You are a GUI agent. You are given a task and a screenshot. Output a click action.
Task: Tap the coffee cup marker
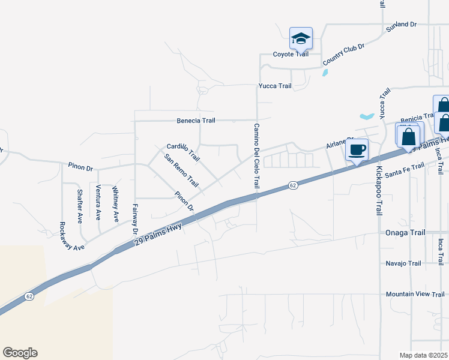[357, 150]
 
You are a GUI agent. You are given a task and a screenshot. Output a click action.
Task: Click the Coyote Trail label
[291, 54]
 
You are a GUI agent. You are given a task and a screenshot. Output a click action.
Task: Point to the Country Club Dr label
[343, 54]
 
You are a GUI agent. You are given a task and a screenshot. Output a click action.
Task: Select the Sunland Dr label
[402, 25]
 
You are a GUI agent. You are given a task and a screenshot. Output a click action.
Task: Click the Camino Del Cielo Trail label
[256, 156]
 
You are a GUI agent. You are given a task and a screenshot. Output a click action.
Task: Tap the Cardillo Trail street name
[182, 152]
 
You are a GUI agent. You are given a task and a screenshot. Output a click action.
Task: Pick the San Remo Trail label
[181, 171]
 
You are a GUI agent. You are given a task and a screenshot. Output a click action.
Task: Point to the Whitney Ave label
[115, 204]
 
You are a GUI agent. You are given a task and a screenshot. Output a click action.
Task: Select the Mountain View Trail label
[415, 294]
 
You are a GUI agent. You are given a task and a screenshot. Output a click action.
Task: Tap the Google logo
[20, 353]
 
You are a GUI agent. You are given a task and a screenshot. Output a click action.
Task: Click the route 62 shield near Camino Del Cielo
[292, 185]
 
